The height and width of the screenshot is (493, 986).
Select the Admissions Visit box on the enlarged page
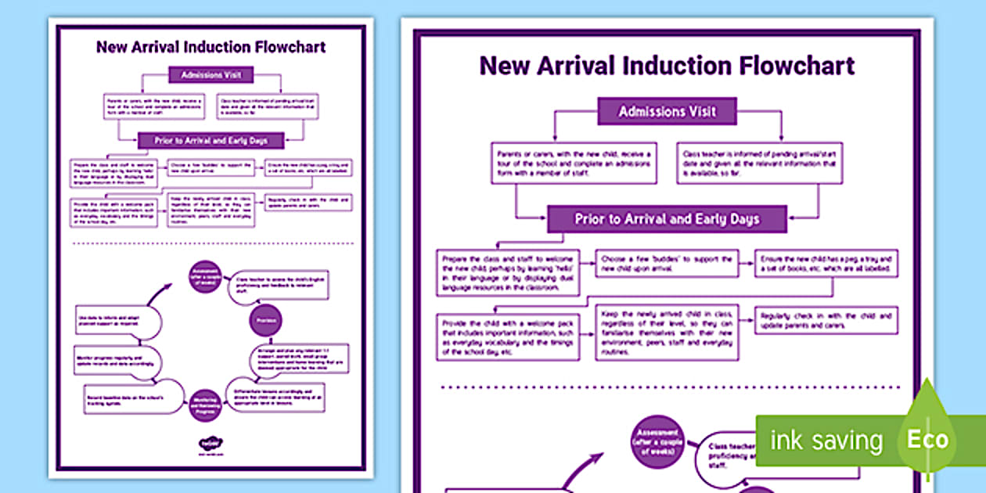click(x=668, y=111)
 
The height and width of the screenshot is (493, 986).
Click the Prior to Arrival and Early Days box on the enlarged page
click(x=667, y=219)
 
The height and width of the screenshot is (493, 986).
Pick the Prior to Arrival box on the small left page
click(x=211, y=141)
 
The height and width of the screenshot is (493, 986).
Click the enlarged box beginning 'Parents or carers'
click(x=574, y=163)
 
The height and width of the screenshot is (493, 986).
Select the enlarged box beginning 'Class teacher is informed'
click(x=759, y=163)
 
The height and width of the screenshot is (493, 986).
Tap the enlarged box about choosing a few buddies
click(x=667, y=263)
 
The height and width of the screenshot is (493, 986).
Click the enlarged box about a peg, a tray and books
click(x=826, y=263)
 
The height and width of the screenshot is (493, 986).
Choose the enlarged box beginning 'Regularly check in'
click(x=826, y=320)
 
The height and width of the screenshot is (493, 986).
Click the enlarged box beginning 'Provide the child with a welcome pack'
click(x=508, y=336)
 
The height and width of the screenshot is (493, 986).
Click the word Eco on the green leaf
click(x=927, y=439)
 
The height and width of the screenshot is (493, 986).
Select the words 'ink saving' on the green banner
click(x=826, y=441)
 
